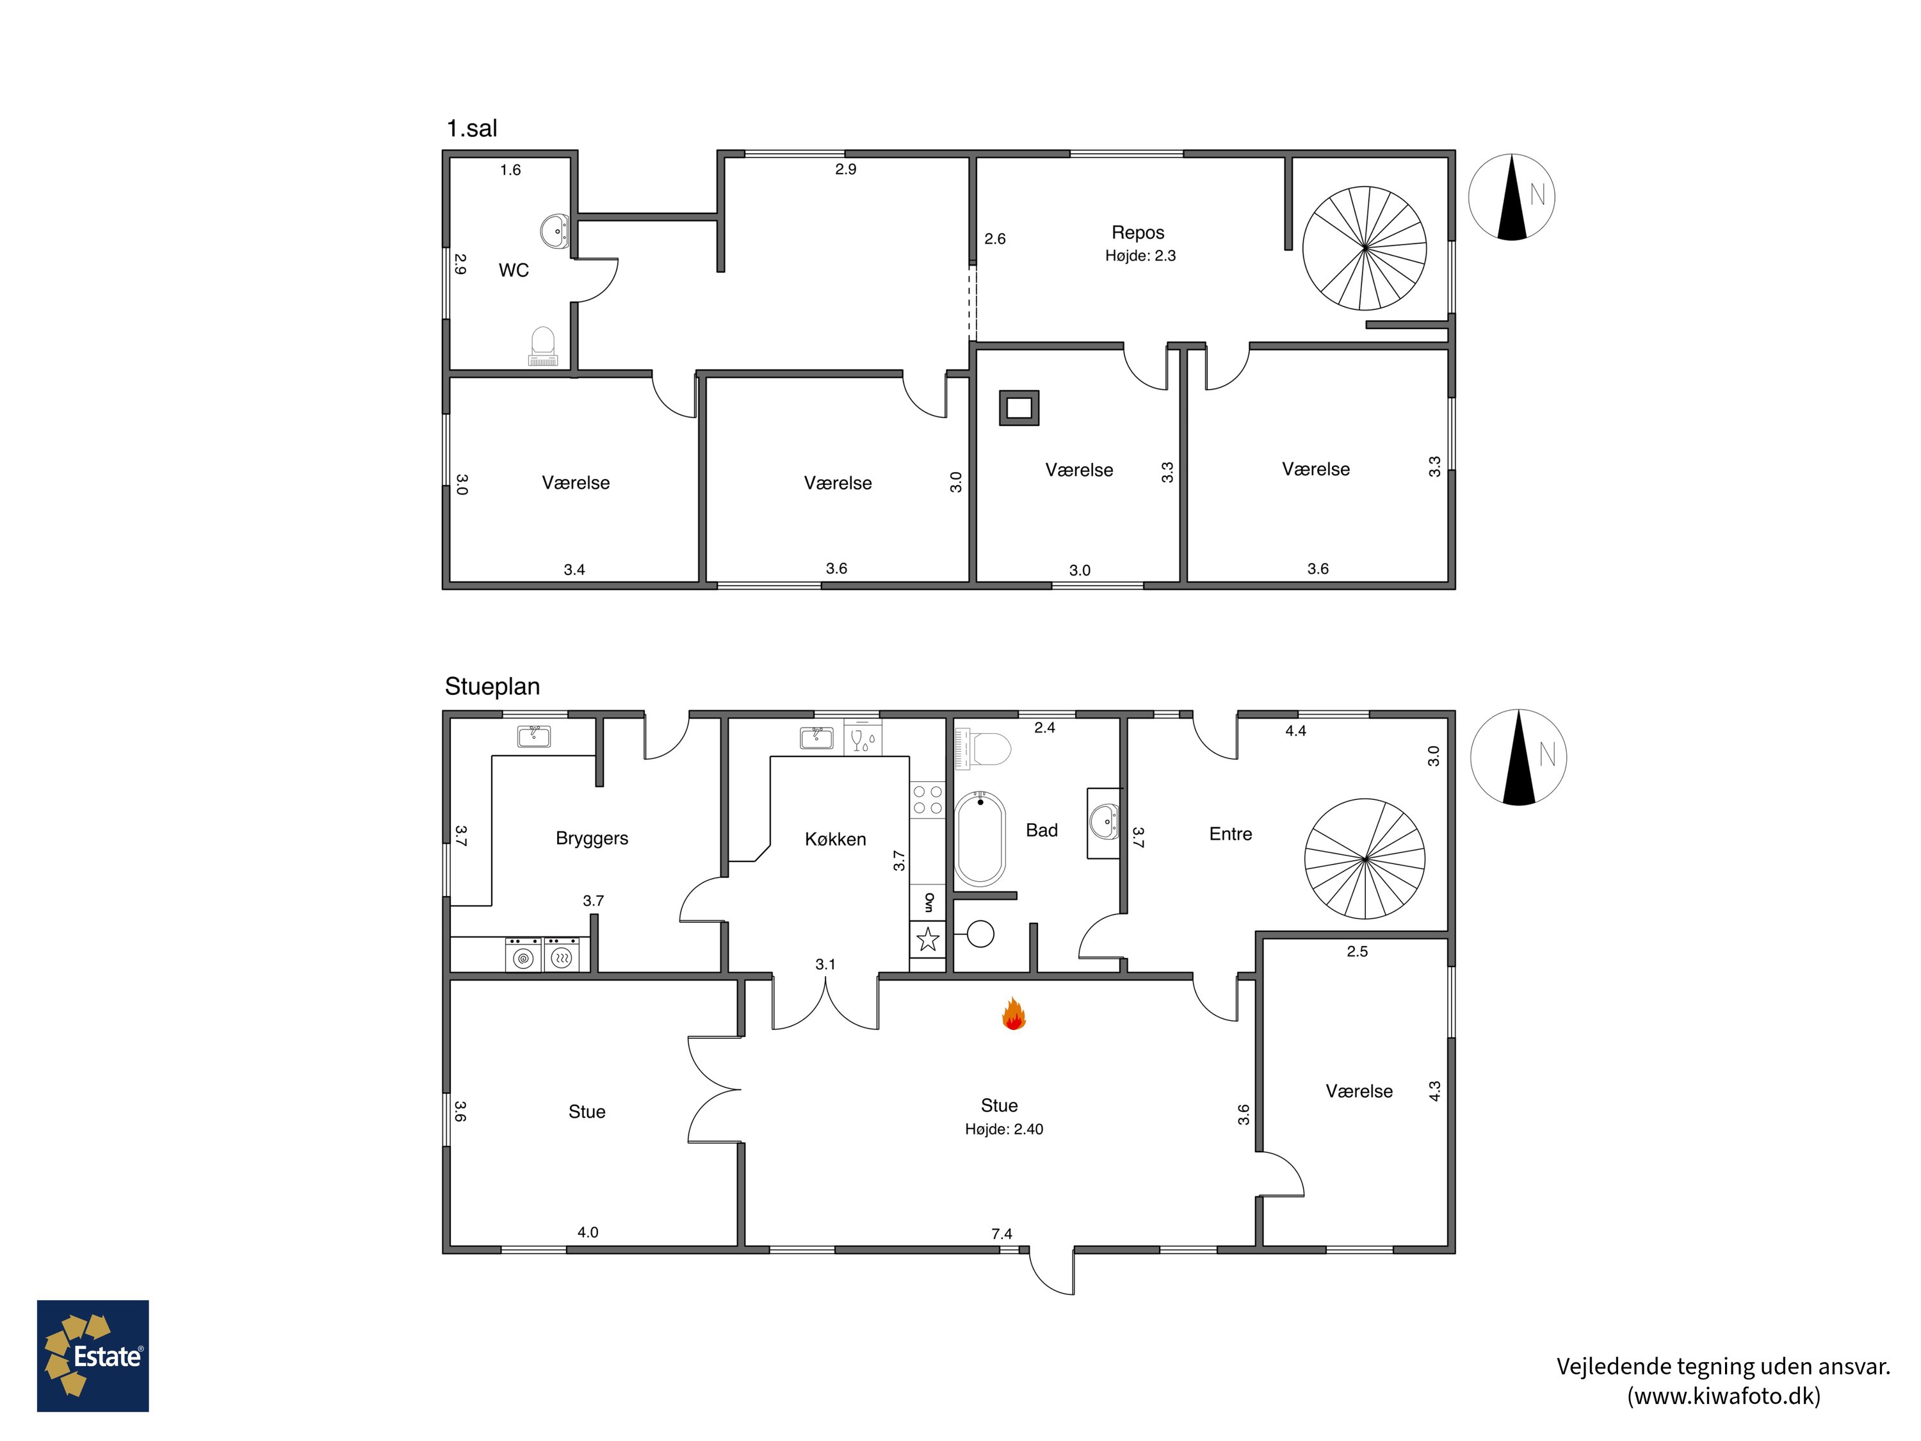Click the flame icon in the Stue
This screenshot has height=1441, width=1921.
tap(1014, 1014)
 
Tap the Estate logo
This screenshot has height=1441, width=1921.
tap(93, 1356)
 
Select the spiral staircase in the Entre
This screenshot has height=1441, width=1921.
tap(1365, 858)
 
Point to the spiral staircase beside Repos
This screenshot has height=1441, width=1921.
tap(1365, 248)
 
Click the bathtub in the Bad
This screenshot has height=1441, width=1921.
tap(980, 838)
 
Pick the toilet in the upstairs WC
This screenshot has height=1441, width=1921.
tap(543, 346)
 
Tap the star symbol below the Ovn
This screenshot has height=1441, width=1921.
tap(927, 939)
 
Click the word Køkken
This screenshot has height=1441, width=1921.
tap(836, 839)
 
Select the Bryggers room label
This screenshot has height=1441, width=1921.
tap(592, 839)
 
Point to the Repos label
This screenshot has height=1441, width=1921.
tap(1138, 232)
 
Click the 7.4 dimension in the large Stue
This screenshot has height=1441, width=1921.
tap(1001, 1233)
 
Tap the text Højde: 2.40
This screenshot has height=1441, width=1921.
tap(1004, 1129)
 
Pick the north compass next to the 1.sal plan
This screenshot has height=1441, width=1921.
tap(1512, 197)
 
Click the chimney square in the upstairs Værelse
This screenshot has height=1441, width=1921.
tap(1019, 407)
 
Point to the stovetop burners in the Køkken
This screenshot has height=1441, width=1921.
tap(927, 800)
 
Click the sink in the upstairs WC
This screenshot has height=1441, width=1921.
tap(555, 232)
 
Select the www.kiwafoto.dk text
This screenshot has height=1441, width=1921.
tap(1724, 1396)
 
